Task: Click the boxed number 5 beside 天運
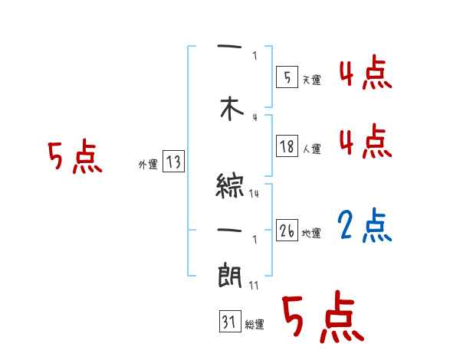pos(287,77)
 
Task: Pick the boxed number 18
pos(287,146)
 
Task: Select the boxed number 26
pos(287,231)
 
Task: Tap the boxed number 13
pos(172,162)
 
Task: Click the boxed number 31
pos(228,322)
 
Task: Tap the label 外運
pos(148,164)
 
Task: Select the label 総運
pos(255,325)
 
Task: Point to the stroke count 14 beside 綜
pos(254,194)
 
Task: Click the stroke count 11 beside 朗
pos(254,286)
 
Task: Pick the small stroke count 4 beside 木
pos(255,117)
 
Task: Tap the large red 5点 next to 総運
pos(322,318)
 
